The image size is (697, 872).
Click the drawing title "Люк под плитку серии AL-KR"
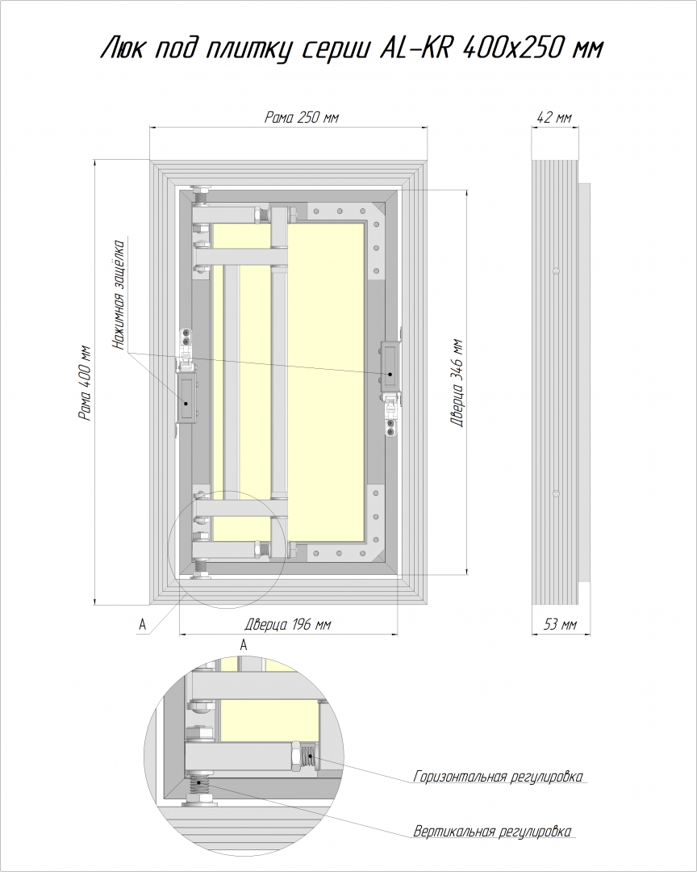[x=277, y=49]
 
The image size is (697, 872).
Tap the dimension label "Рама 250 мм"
[x=301, y=117]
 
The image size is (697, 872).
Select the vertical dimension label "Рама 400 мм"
[x=85, y=384]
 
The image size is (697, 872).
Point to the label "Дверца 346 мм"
[x=457, y=383]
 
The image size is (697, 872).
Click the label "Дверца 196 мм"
[x=288, y=624]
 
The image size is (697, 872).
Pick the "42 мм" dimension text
[x=554, y=117]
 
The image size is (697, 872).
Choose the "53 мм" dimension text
[x=560, y=624]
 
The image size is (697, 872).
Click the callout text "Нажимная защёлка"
[x=119, y=294]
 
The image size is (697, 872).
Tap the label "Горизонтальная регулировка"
[x=498, y=777]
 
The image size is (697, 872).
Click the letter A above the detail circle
[x=244, y=644]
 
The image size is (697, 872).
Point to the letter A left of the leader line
[x=142, y=625]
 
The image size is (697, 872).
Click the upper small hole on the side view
[x=556, y=270]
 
